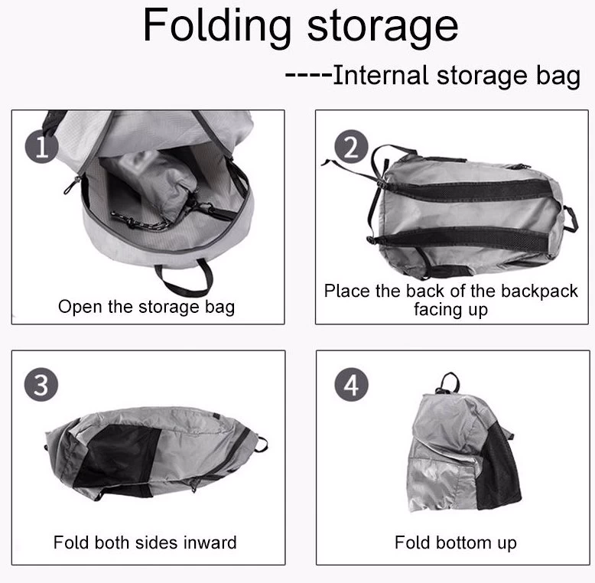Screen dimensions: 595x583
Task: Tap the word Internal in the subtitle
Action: (382, 75)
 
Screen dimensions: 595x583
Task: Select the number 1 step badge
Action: (41, 147)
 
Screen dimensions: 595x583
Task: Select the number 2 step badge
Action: (351, 146)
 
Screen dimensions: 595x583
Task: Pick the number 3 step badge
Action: (41, 385)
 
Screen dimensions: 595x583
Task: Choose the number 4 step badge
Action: (351, 385)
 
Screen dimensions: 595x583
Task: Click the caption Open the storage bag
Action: (147, 307)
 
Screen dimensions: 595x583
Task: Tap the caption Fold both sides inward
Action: (145, 542)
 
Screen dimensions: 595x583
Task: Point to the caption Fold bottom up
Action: (455, 542)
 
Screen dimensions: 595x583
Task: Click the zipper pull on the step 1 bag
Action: (71, 186)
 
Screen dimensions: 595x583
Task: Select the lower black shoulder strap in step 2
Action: (459, 237)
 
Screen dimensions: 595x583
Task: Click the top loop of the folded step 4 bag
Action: (448, 383)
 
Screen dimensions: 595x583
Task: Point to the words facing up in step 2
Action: (450, 309)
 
